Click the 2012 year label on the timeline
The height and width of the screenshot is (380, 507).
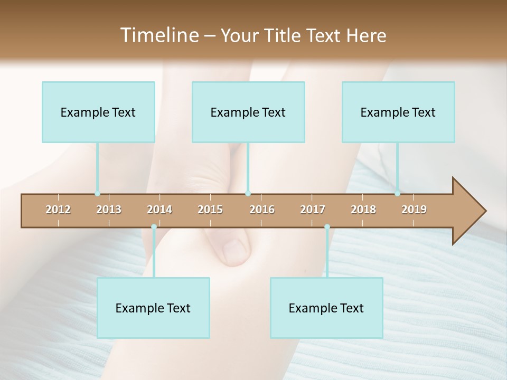pyautogui.click(x=58, y=210)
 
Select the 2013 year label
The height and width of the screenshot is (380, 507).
pyautogui.click(x=109, y=210)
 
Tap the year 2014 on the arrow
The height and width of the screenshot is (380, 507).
pyautogui.click(x=159, y=210)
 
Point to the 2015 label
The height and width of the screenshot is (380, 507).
pyautogui.click(x=210, y=210)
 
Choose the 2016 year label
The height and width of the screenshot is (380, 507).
pyautogui.click(x=262, y=210)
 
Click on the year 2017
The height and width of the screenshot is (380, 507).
pyautogui.click(x=313, y=210)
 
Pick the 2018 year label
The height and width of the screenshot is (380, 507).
pyautogui.click(x=363, y=210)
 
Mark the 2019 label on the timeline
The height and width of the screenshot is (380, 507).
pyautogui.click(x=414, y=210)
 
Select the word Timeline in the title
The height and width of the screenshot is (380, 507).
pyautogui.click(x=158, y=35)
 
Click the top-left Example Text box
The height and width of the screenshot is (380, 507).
pyautogui.click(x=98, y=112)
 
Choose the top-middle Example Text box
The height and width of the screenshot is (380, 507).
pyautogui.click(x=248, y=112)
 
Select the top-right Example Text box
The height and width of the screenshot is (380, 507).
pyautogui.click(x=398, y=112)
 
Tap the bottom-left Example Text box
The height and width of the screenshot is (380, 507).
pyautogui.click(x=153, y=308)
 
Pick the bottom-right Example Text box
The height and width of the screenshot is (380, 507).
pyautogui.click(x=326, y=308)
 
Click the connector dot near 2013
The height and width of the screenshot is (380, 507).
pyautogui.click(x=97, y=194)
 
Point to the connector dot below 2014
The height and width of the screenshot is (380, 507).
pyautogui.click(x=154, y=227)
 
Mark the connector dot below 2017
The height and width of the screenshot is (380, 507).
pyautogui.click(x=327, y=227)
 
